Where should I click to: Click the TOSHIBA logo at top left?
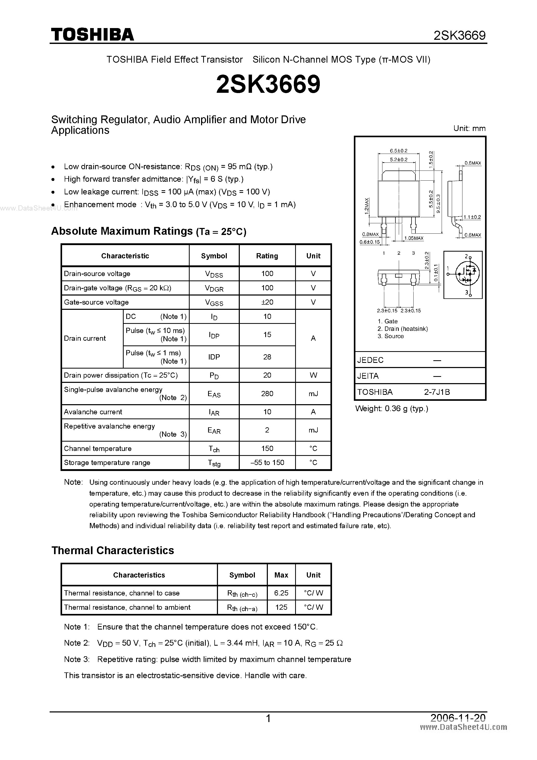point(92,34)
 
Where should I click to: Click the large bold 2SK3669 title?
point(268,84)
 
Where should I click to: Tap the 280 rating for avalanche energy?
point(267,394)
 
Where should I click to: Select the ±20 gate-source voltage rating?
point(267,302)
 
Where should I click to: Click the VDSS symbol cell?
point(214,274)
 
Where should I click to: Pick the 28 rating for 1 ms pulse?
point(267,357)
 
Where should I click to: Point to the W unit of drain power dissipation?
point(313,375)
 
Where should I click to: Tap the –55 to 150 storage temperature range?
point(267,462)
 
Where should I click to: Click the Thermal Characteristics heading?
point(112,551)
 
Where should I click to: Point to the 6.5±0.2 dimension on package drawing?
point(398,150)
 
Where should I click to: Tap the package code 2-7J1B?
point(437,392)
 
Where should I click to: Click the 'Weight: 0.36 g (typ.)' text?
point(392,409)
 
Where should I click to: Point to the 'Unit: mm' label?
point(469,128)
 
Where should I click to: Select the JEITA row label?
point(368,376)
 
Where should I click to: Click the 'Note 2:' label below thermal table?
point(76,643)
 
